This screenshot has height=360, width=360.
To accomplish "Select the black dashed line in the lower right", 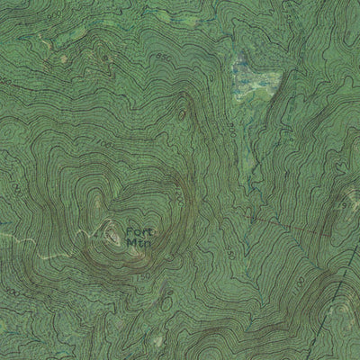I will (337, 297).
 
